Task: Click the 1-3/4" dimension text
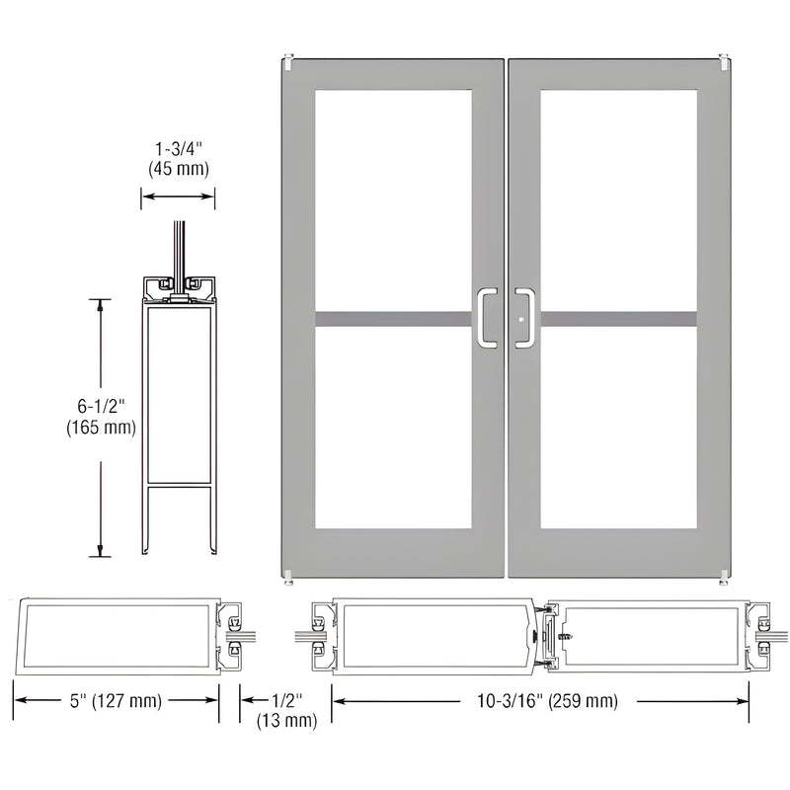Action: click(x=178, y=149)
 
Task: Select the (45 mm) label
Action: click(x=178, y=168)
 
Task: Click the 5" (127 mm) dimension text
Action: click(x=116, y=701)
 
